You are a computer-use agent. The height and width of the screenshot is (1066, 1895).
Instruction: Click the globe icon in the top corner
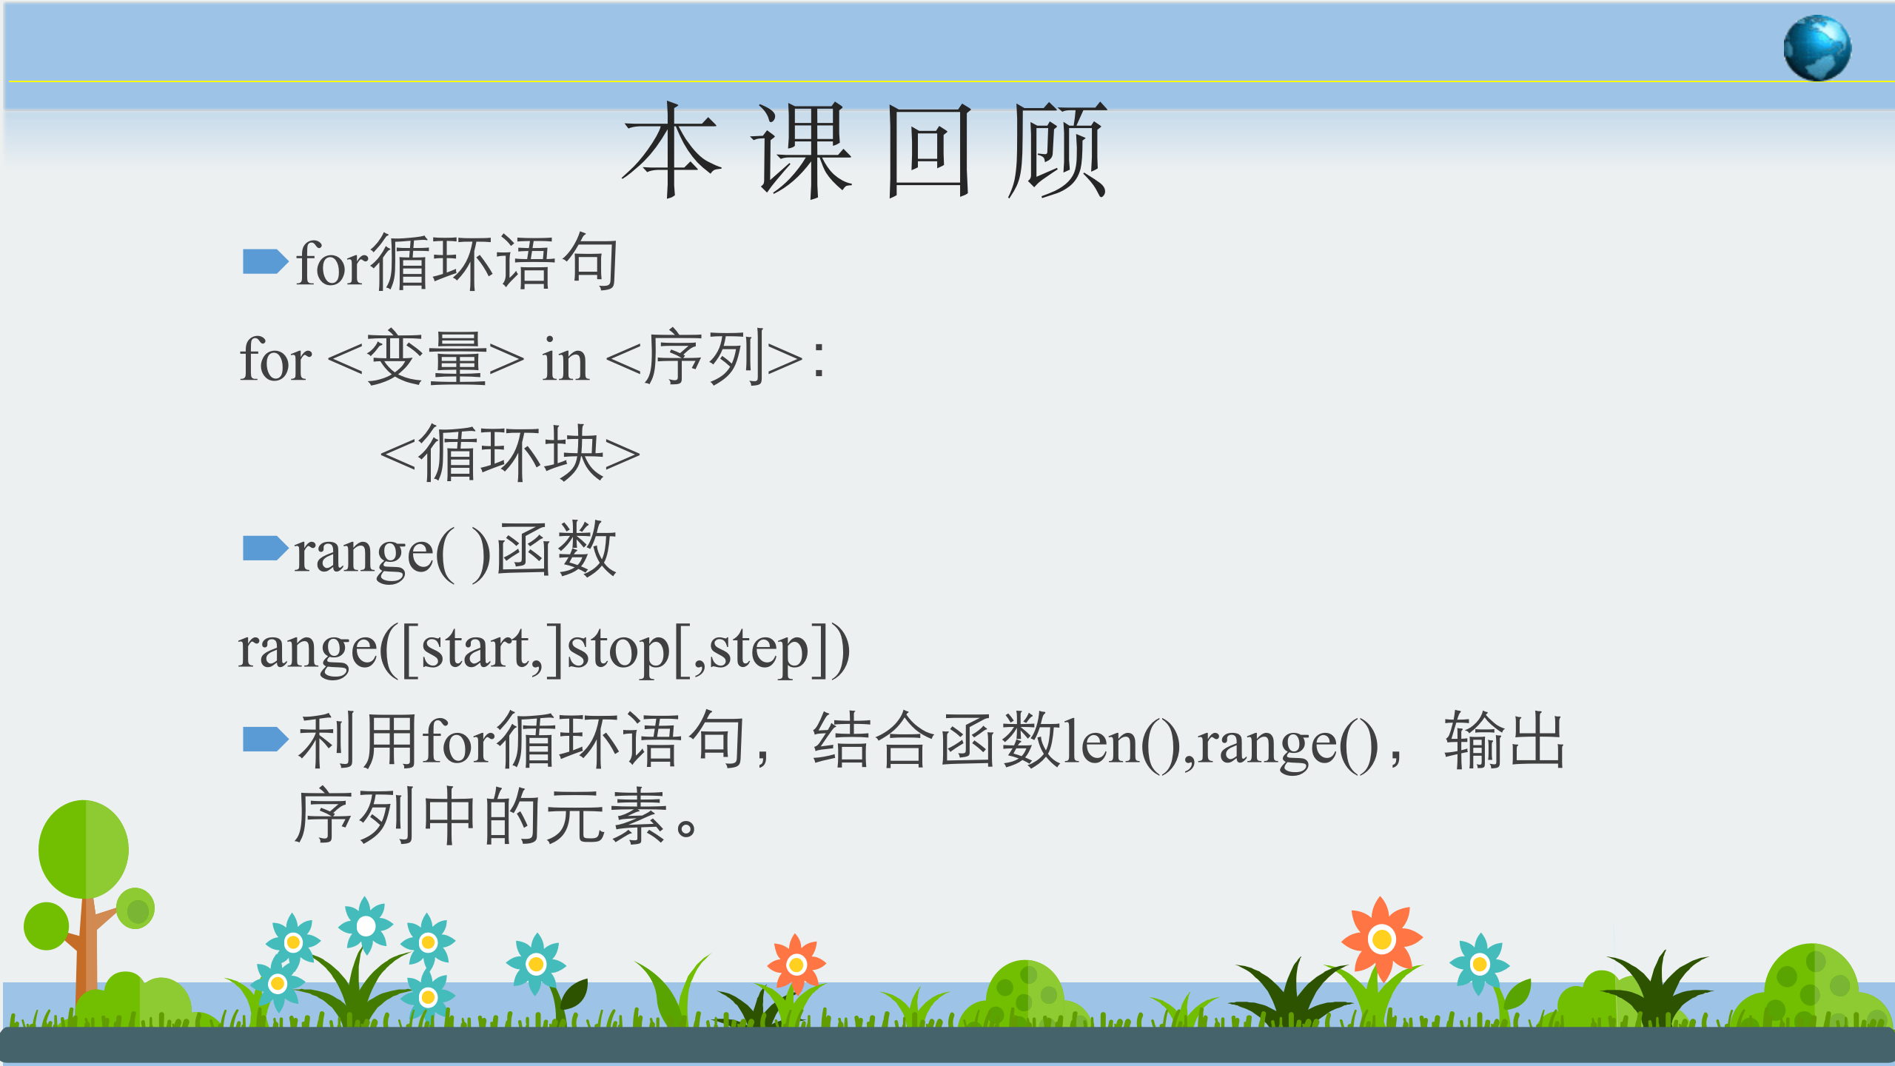1817,47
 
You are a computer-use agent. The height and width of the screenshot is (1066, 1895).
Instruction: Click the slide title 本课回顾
865,150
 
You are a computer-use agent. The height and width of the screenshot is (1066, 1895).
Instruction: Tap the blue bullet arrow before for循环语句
265,261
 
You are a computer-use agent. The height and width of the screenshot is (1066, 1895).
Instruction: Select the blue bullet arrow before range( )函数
265,549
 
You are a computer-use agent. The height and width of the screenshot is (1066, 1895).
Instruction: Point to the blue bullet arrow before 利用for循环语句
265,739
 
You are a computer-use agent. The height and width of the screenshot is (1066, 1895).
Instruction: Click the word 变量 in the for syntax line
426,359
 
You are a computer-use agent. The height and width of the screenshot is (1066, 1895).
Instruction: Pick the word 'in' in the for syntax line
566,361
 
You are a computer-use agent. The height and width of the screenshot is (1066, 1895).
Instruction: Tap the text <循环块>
510,453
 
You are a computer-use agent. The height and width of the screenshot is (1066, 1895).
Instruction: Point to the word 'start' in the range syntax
474,648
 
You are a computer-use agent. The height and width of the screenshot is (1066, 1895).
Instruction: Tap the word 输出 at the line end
1505,740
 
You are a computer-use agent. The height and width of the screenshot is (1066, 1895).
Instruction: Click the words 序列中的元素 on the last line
480,817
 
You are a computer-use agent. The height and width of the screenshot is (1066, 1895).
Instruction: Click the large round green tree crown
84,849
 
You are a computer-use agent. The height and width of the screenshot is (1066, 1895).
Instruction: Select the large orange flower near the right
1381,939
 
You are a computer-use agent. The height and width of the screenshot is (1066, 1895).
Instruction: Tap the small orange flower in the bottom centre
796,965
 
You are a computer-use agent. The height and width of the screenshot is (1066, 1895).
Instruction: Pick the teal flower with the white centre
366,925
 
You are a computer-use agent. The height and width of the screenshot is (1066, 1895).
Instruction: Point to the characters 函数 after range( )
555,550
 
